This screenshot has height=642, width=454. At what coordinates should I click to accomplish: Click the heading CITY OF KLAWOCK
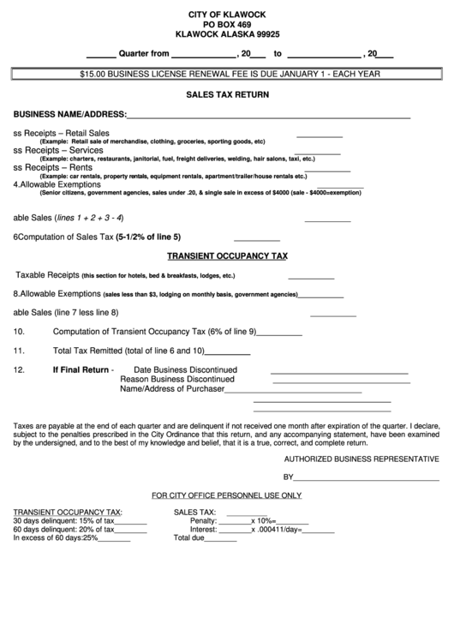coord(227,15)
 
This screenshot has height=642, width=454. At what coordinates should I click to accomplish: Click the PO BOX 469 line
coord(227,26)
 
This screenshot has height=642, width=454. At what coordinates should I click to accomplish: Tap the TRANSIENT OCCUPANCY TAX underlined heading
coord(227,255)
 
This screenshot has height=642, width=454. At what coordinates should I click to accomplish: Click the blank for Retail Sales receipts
coord(319,135)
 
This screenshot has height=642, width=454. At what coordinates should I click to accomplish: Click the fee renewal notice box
coord(227,75)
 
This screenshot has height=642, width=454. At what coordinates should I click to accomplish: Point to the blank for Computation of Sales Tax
coord(256,239)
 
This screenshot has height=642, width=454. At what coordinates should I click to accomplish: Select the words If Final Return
coord(81,370)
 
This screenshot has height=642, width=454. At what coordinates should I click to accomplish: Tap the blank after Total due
coord(221,540)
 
